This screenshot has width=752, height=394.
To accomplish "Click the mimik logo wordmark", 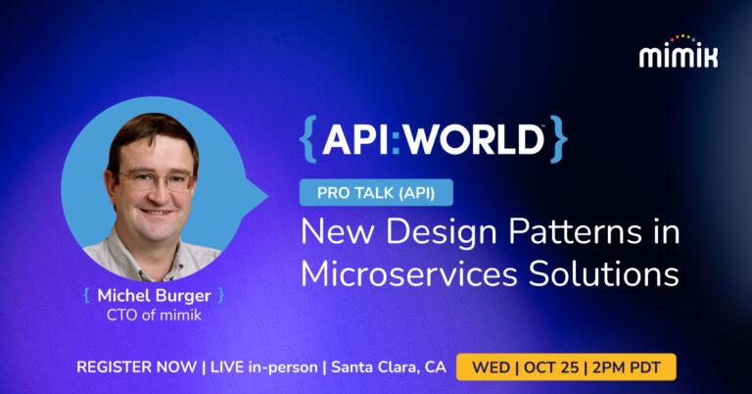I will pyautogui.click(x=678, y=57).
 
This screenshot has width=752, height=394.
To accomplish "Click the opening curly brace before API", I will pyautogui.click(x=307, y=139).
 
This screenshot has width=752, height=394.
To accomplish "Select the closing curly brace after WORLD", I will pyautogui.click(x=557, y=139).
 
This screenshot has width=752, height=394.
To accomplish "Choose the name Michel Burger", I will pyautogui.click(x=155, y=294).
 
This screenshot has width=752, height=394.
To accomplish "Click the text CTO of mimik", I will pyautogui.click(x=155, y=315).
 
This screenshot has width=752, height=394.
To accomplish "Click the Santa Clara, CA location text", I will pyautogui.click(x=389, y=368).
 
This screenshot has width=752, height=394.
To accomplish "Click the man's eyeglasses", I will pyautogui.click(x=154, y=180).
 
